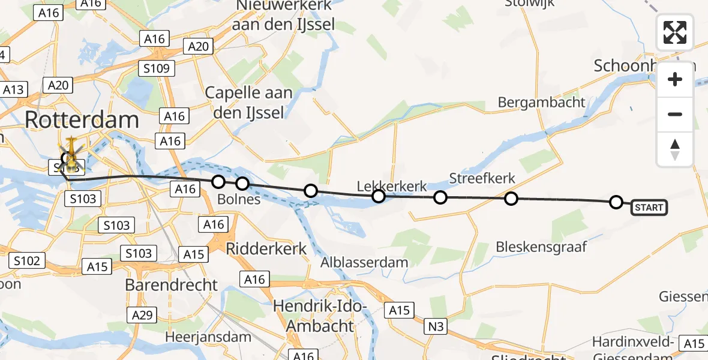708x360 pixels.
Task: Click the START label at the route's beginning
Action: point(649,208)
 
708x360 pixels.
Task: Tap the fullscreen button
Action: point(675,32)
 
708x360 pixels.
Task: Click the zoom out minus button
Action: point(675,114)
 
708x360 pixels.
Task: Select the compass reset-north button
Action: point(675,149)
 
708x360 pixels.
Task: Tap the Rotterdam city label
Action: point(82,120)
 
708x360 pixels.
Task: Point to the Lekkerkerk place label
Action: point(392,186)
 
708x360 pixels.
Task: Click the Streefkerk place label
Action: point(482,179)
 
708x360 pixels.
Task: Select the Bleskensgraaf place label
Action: point(541,247)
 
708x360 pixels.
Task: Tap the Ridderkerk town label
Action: point(266,248)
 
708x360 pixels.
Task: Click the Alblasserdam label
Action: point(364,262)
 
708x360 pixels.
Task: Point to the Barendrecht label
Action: point(172,284)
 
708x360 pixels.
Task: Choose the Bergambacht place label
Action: point(541,102)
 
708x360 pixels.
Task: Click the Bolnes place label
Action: point(239,199)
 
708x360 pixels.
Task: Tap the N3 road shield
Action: point(436,326)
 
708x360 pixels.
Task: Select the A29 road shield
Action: point(143,314)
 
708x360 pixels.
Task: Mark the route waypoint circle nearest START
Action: point(616,202)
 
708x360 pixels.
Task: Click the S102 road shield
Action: point(27,260)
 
